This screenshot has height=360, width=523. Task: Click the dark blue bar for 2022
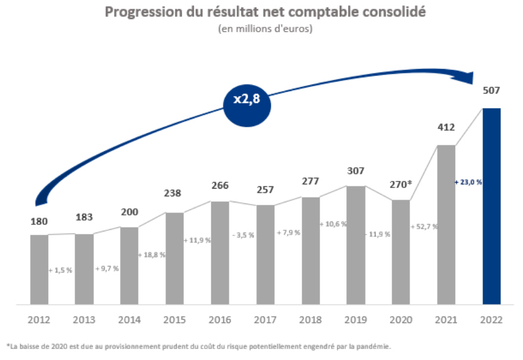[491, 206]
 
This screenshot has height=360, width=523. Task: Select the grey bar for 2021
[446, 224]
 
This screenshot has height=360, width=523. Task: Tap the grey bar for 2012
[39, 269]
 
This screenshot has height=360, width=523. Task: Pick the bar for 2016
[220, 252]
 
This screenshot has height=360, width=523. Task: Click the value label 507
[491, 90]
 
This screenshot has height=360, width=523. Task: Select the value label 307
[355, 171]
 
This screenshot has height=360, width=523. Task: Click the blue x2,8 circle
[246, 99]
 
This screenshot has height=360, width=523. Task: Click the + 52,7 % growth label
[424, 227]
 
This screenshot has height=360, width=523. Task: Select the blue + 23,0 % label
[468, 182]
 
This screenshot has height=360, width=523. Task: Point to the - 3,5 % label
[243, 235]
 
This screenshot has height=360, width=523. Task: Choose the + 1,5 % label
[61, 270]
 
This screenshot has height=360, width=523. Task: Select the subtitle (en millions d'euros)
[265, 28]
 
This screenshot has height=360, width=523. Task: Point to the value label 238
[174, 193]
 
